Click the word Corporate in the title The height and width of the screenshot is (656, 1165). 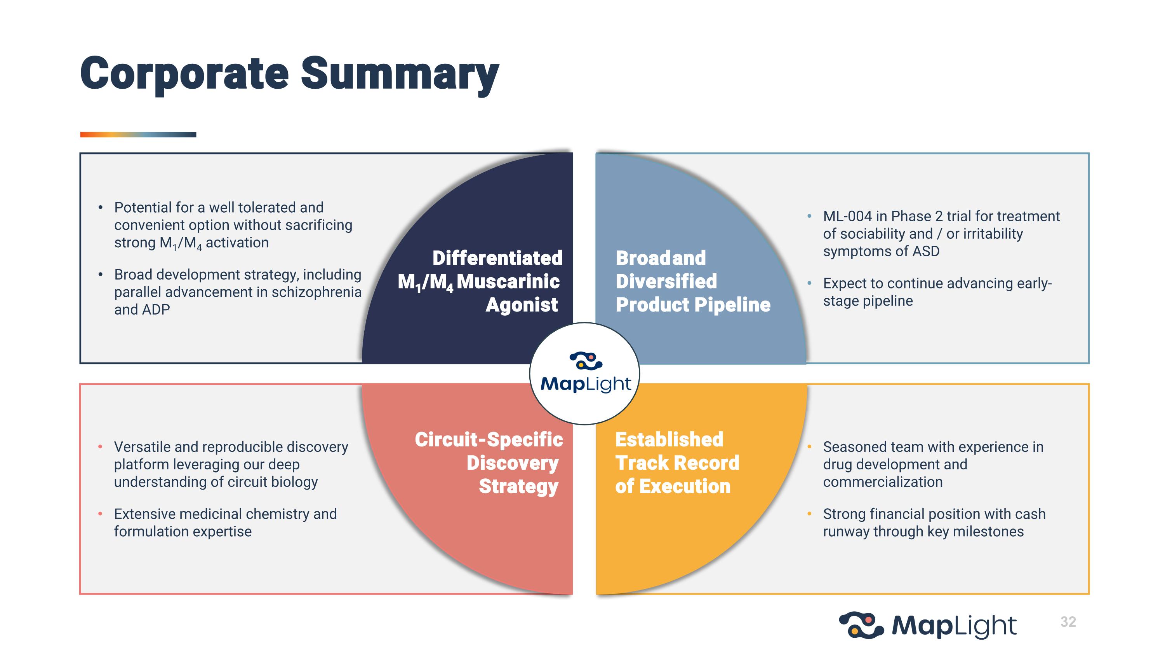(x=184, y=74)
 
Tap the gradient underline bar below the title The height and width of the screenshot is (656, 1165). (x=138, y=135)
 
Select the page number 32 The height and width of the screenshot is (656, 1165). (x=1068, y=622)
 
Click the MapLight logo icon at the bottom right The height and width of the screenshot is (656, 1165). (x=861, y=625)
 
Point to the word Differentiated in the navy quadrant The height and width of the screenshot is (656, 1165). (x=497, y=258)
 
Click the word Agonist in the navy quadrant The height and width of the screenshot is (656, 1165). (x=522, y=305)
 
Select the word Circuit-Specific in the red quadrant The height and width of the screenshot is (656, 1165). (x=489, y=439)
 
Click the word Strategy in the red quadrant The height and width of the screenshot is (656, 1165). (x=519, y=487)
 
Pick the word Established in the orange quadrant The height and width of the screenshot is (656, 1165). (x=669, y=439)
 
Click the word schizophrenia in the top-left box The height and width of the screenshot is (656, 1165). (x=316, y=292)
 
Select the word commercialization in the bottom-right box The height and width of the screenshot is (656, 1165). (x=883, y=482)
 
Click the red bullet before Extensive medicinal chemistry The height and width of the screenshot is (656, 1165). (x=101, y=514)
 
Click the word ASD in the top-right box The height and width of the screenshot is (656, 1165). (x=926, y=251)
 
